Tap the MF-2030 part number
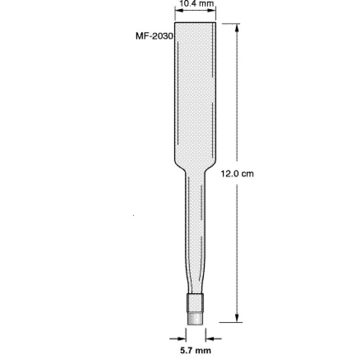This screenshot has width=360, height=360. click(x=153, y=36)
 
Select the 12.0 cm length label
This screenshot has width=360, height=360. click(x=237, y=173)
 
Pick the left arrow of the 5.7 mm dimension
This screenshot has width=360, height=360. click(x=181, y=339)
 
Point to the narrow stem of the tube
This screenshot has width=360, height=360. click(x=195, y=231)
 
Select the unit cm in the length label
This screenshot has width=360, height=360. click(x=248, y=173)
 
